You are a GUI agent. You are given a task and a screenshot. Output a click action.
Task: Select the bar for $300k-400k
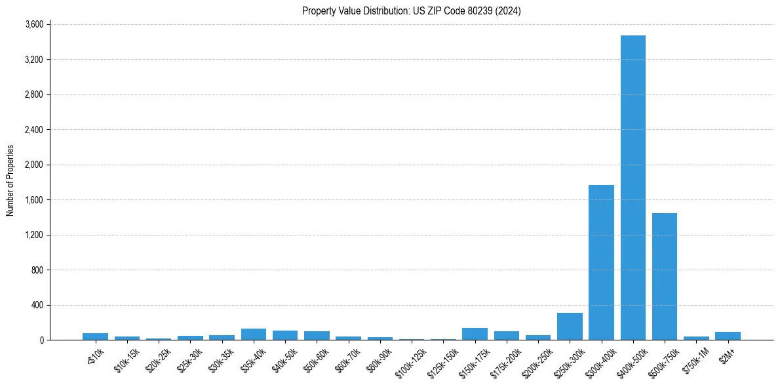601,262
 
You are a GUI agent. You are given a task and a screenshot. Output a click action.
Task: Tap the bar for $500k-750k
664,276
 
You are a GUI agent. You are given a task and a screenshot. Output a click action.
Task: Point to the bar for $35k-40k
253,334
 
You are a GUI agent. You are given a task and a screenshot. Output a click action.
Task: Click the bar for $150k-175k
475,334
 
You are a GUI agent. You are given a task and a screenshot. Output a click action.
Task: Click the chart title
411,10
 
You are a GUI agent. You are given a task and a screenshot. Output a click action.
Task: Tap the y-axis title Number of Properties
10,180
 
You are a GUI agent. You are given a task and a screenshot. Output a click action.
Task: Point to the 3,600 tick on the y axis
33,24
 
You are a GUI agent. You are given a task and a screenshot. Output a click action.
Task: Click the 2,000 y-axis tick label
33,165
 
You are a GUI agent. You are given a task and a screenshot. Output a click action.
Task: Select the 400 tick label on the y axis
37,305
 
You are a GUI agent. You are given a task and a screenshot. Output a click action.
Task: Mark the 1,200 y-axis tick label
33,235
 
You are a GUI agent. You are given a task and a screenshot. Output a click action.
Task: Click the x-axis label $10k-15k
127,360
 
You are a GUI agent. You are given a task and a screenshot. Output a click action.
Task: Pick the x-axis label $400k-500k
632,362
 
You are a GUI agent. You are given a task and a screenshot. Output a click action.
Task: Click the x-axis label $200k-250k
537,362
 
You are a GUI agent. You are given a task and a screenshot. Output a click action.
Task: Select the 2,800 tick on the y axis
33,94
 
